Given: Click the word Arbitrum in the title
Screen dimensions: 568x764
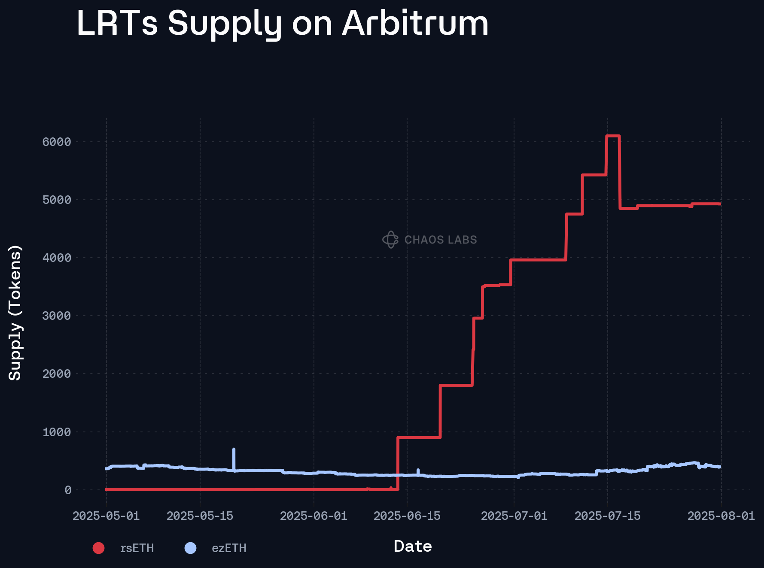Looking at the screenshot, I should click(x=415, y=23).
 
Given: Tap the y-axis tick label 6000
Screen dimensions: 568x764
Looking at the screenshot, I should click(x=57, y=142).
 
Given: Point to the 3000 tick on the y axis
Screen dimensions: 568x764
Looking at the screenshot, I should click(x=57, y=316).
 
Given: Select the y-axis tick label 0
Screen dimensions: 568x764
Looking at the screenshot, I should click(x=68, y=490).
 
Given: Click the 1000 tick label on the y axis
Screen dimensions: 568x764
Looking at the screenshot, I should click(x=57, y=432).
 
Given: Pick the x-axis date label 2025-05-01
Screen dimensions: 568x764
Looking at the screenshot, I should click(x=106, y=516).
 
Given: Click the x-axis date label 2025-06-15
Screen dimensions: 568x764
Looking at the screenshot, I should click(x=407, y=516).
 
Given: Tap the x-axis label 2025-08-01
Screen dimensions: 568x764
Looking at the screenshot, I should click(x=721, y=516).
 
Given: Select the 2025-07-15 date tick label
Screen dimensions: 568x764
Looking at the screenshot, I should click(x=607, y=516).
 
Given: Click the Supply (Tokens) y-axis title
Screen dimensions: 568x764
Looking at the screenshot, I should click(x=15, y=313).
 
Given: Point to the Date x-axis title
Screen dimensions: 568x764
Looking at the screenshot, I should click(x=413, y=547).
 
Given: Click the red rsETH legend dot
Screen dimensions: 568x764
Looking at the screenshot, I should click(x=99, y=548).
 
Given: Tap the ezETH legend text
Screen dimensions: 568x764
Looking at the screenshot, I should click(x=229, y=548).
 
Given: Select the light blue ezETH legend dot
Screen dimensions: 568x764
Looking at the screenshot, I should click(x=190, y=548).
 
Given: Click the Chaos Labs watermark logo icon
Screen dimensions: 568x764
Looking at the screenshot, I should click(x=390, y=240).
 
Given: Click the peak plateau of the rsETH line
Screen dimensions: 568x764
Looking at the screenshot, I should click(x=613, y=136).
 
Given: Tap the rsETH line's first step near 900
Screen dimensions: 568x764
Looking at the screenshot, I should click(x=419, y=437).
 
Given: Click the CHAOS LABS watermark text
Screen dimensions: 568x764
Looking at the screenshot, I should click(x=441, y=240).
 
